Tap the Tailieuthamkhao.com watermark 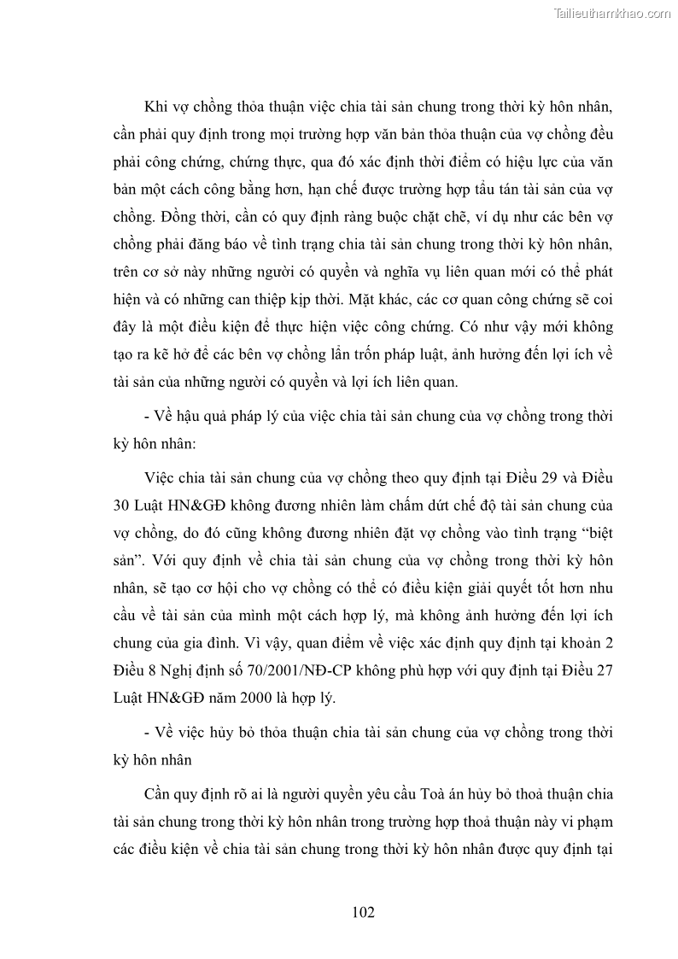613,14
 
